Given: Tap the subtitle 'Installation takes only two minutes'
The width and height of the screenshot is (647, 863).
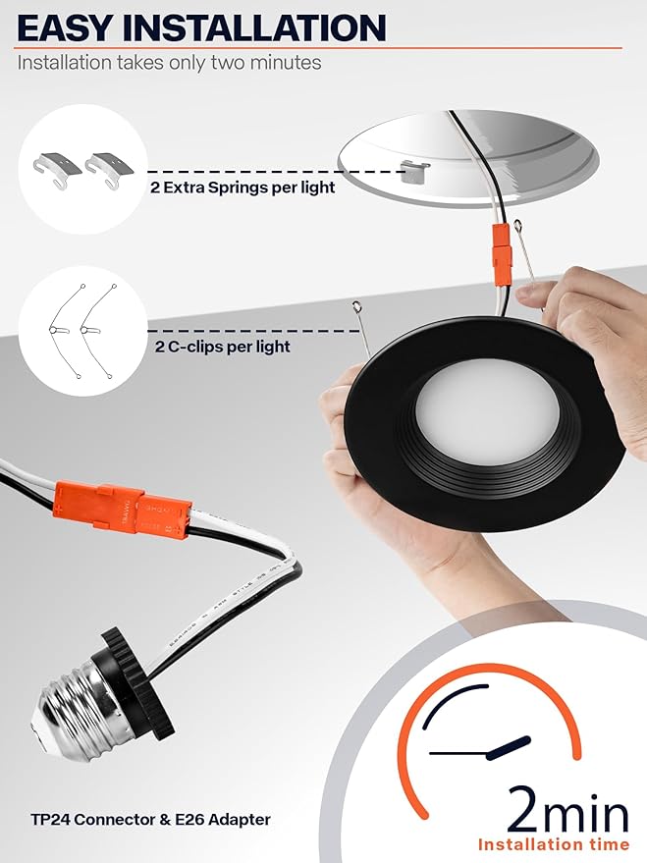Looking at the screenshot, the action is [170, 62].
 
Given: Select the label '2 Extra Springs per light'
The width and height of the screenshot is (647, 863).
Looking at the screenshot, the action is [243, 188].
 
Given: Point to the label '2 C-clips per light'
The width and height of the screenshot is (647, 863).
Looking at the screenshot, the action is [222, 347].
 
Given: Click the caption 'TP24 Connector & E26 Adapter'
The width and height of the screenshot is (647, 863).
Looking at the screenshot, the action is [151, 820].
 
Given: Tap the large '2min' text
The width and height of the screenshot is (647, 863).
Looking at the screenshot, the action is [567, 809].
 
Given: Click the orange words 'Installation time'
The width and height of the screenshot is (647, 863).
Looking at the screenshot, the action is [554, 844].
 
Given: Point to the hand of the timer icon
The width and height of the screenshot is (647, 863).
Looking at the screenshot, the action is [509, 748].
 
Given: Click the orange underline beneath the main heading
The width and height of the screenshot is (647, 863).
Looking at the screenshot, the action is [320, 48].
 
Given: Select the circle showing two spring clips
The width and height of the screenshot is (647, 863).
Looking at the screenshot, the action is [83, 169].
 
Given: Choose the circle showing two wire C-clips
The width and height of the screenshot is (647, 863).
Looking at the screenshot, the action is [83, 331].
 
